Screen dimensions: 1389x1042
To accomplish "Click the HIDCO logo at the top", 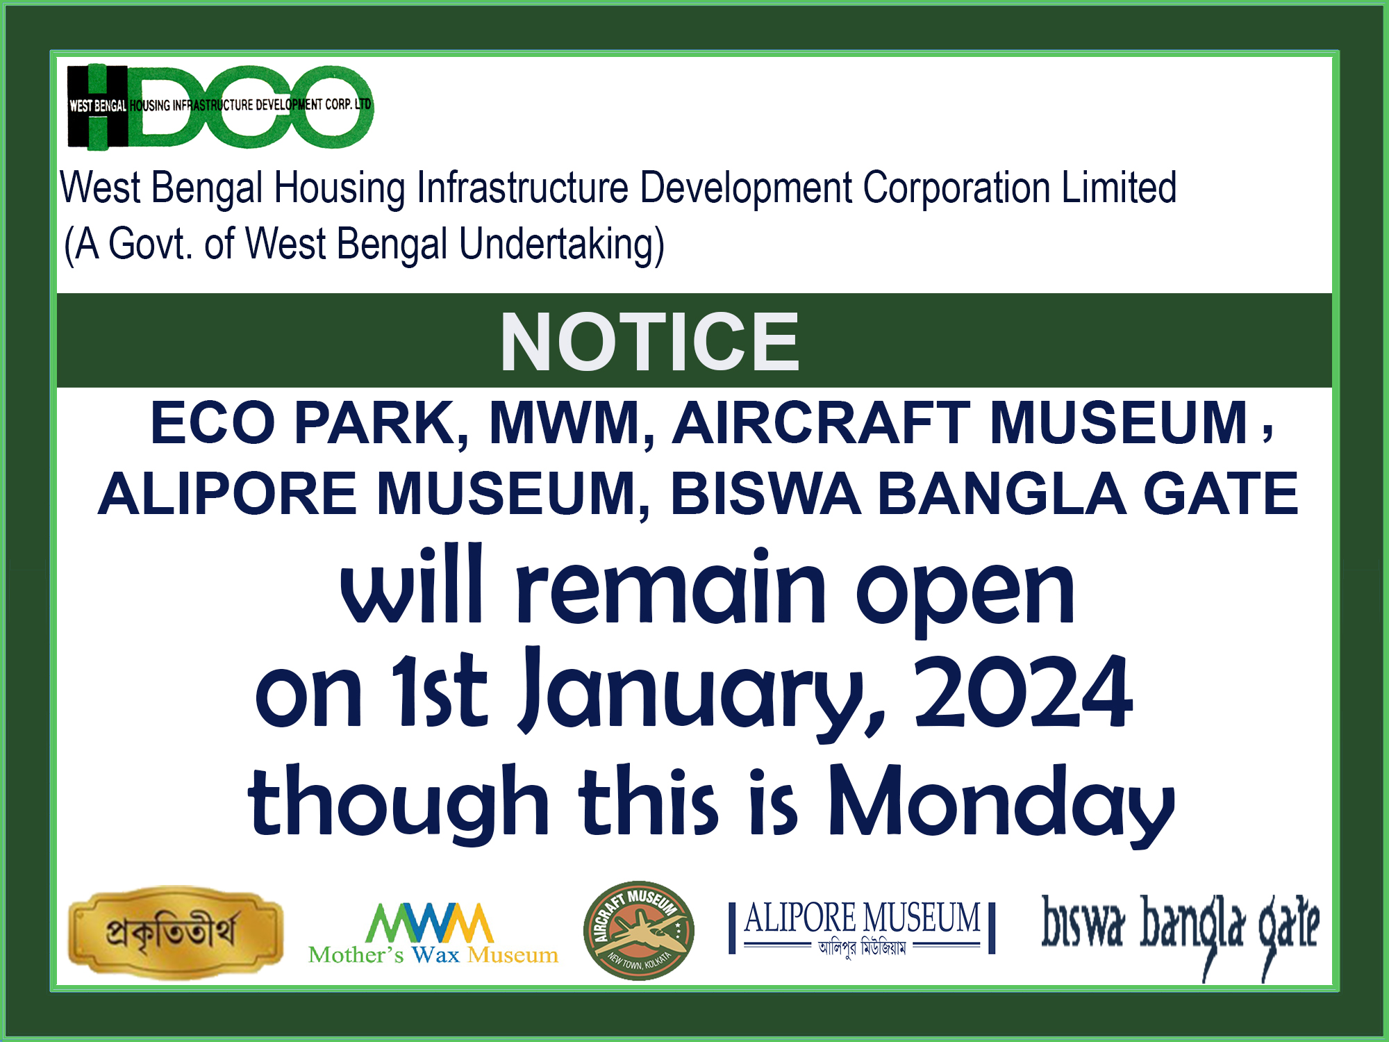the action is [220, 107].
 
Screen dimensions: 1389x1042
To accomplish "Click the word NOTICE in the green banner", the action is [649, 342].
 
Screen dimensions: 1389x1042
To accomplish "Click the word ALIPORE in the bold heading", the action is [228, 493].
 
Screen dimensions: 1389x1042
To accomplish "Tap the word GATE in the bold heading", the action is [1220, 493].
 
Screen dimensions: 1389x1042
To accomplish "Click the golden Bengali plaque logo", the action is [176, 932].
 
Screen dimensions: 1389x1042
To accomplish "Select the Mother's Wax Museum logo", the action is [433, 934].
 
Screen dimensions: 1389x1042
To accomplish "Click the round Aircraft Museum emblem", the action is [639, 931].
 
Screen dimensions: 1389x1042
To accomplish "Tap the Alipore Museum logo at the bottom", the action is [862, 928].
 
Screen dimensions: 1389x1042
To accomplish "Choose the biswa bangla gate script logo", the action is [1180, 934].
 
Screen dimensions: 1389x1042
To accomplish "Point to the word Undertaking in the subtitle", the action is [561, 245].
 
